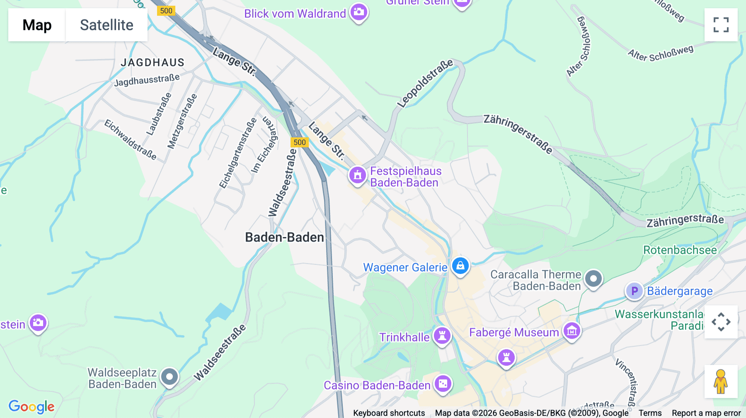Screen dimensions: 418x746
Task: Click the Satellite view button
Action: point(107,25)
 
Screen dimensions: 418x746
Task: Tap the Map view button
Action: point(37,25)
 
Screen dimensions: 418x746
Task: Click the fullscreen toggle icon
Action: point(721,25)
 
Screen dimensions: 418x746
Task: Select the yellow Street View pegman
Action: point(721,382)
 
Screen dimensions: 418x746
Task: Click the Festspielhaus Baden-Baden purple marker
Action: point(357,175)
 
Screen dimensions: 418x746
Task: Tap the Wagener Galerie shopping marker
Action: point(460,266)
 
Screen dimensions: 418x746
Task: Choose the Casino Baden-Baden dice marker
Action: point(443,384)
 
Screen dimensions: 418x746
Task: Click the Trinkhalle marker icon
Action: point(442,336)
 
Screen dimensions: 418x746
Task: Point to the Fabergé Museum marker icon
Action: point(572,331)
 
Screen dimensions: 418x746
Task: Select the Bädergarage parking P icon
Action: point(634,291)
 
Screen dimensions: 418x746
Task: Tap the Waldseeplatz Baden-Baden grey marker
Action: point(170,377)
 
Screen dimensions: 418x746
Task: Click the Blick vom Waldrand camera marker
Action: point(359,12)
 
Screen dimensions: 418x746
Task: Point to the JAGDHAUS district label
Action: point(153,62)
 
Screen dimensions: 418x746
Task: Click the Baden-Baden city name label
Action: point(284,238)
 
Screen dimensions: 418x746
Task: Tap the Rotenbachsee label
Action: point(680,250)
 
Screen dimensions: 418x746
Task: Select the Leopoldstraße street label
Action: point(425,84)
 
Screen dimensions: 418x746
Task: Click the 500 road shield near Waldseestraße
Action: point(300,142)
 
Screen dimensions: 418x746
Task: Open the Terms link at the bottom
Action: point(650,413)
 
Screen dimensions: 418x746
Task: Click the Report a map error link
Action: point(706,413)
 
